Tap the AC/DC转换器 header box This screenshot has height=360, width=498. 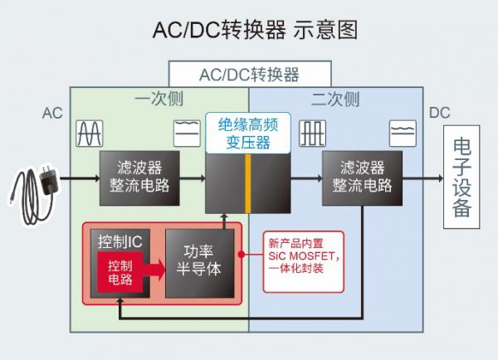pos(250,75)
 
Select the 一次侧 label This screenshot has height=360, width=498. pos(158,100)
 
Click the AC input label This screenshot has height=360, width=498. pos(52,113)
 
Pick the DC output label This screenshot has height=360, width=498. pos(440,113)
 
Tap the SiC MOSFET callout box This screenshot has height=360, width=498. pos(304,258)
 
